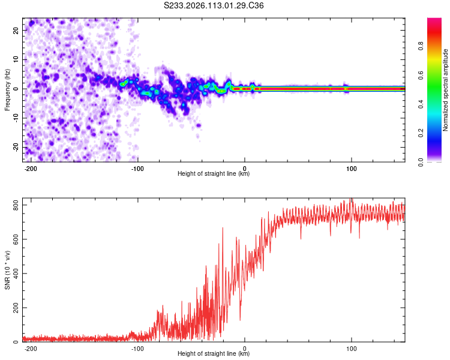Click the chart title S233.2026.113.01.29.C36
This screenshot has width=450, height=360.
pyautogui.click(x=214, y=5)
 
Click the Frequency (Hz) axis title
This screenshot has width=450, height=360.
pyautogui.click(x=7, y=90)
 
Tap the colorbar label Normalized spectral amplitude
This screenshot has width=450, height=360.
pyautogui.click(x=445, y=90)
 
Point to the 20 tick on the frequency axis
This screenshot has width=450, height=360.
pyautogui.click(x=16, y=30)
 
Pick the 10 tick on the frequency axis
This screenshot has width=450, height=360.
pyautogui.click(x=16, y=59)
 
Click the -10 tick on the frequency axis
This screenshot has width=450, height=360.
pyautogui.click(x=15, y=118)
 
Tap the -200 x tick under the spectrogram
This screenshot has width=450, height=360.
pyautogui.click(x=31, y=167)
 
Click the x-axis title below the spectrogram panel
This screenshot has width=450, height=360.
pyautogui.click(x=214, y=174)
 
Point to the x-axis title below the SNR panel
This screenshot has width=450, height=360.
pyautogui.click(x=214, y=354)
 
